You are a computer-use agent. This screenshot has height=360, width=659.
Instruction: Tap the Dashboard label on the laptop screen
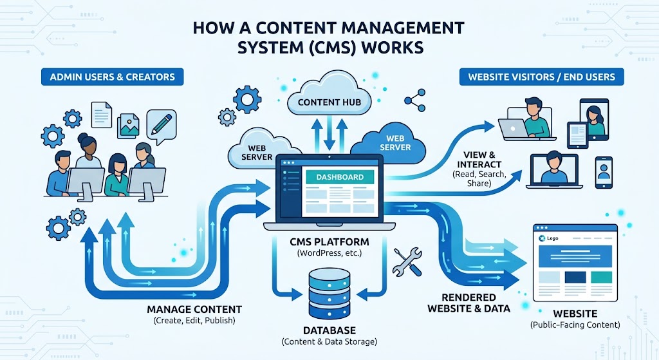click(x=340, y=177)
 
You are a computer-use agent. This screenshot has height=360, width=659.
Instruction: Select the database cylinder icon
click(x=329, y=293)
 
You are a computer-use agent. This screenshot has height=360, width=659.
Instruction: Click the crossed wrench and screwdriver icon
click(x=407, y=262)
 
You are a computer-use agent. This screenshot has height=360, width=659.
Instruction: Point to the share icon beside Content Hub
click(x=415, y=100)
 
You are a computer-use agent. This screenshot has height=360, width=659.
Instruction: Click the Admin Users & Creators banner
click(x=112, y=77)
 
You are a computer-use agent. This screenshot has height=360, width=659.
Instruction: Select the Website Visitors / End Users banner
click(x=541, y=77)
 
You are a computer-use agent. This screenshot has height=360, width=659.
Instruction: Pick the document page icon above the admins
click(x=102, y=114)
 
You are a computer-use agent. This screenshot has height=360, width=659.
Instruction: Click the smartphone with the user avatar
click(x=604, y=173)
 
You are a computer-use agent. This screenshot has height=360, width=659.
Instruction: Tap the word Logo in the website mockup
click(x=553, y=238)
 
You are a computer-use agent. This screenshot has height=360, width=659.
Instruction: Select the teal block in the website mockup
click(x=602, y=277)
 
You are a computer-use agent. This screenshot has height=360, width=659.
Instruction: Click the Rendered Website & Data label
click(x=469, y=303)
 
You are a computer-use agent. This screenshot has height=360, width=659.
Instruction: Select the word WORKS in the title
click(x=392, y=47)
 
